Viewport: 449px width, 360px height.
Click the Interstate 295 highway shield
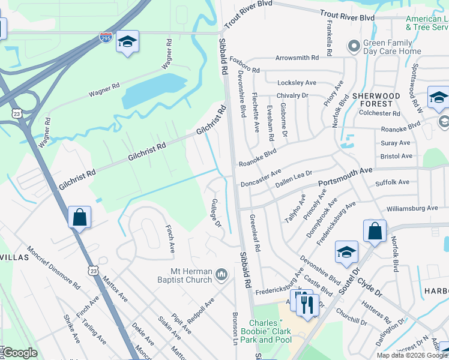105,37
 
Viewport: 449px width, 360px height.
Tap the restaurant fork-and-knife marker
307,304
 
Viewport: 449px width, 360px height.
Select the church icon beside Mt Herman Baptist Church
221,274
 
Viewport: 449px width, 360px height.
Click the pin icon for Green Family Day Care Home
354,44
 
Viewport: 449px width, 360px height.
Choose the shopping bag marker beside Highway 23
79,218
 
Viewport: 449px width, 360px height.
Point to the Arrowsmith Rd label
297,58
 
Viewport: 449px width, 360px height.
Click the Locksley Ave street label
296,82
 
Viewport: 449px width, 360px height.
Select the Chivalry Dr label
292,95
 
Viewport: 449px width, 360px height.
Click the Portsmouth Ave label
345,176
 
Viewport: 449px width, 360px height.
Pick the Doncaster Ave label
261,179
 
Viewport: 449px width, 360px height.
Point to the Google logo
20,353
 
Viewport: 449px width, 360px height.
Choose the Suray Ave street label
396,143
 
